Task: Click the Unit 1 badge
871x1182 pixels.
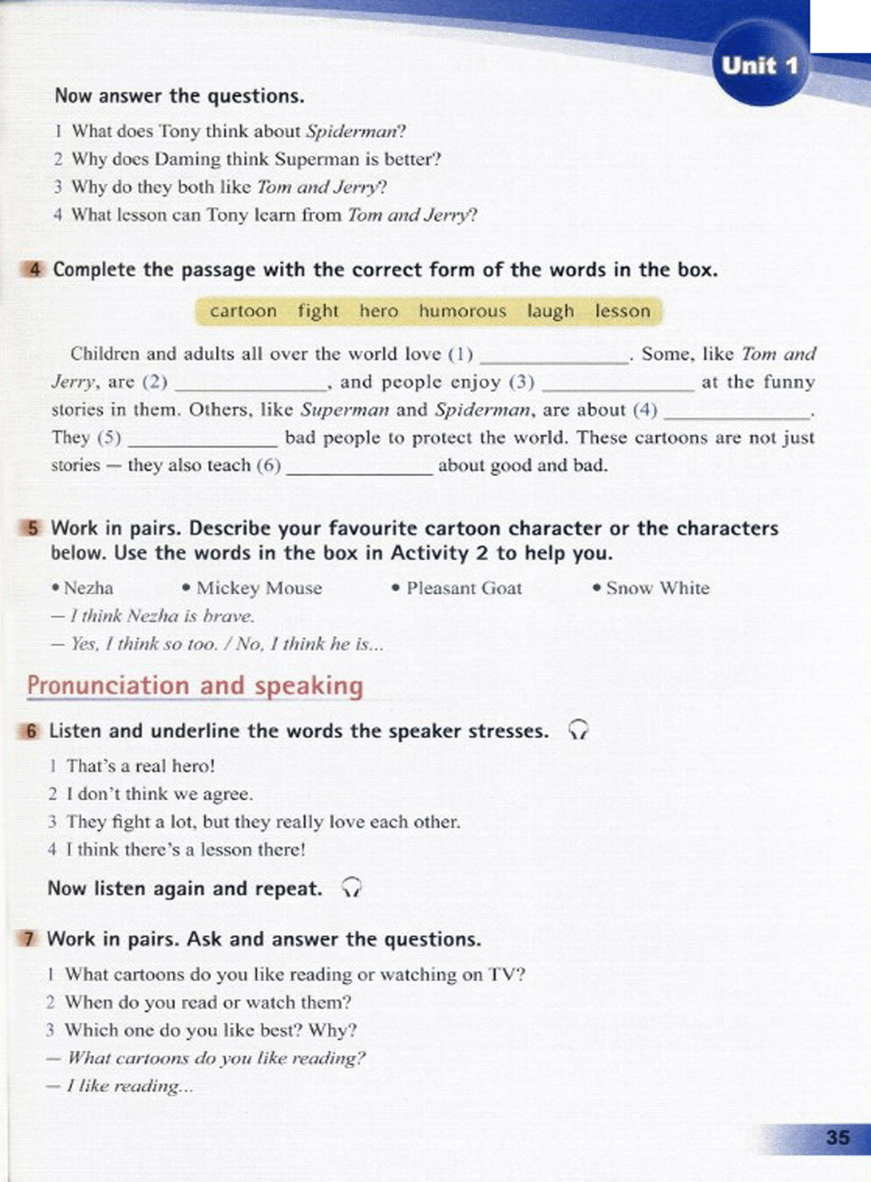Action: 760,65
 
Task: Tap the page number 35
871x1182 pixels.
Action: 837,1137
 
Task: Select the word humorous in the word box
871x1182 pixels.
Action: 462,311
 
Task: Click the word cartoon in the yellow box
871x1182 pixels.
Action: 243,311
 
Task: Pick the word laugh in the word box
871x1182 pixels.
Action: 550,311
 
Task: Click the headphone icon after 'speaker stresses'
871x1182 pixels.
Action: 578,730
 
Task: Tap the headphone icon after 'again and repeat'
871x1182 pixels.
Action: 351,889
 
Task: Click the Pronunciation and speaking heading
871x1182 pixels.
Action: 195,685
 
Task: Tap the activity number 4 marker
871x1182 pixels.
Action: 34,270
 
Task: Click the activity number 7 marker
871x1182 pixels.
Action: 30,939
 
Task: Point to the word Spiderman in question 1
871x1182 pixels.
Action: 352,132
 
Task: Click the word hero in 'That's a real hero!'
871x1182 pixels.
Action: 192,765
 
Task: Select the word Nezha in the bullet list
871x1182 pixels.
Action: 88,588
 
